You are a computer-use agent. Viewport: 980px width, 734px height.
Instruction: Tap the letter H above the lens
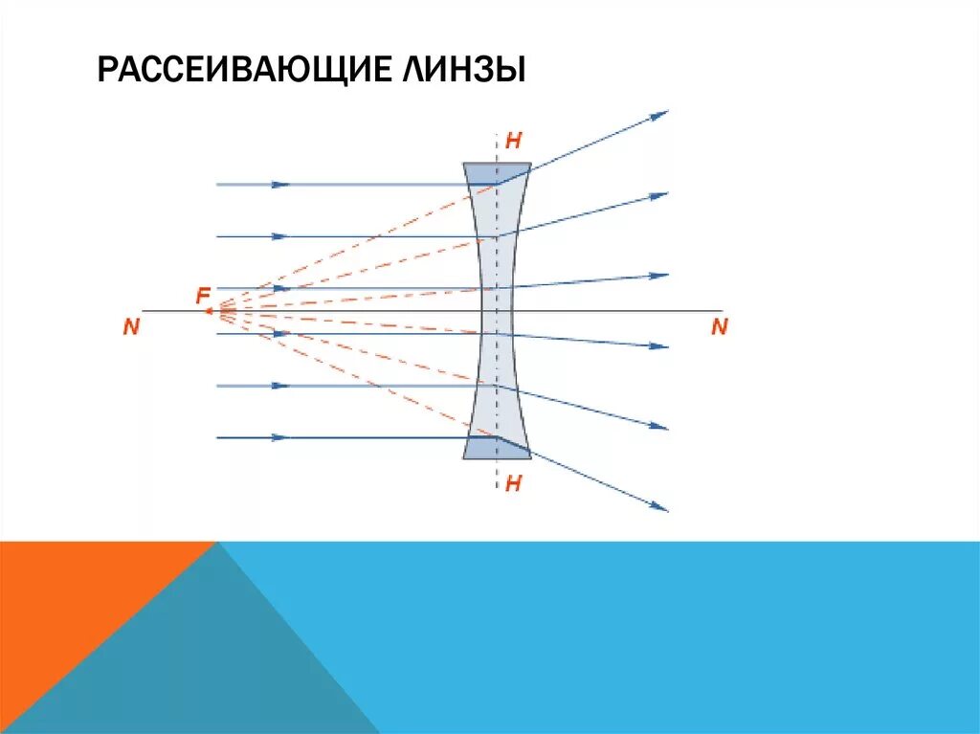point(513,141)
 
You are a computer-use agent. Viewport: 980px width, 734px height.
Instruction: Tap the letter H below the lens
point(513,484)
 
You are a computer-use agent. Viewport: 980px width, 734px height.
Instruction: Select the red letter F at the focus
point(203,296)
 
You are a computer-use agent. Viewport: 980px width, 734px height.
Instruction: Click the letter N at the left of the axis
point(131,327)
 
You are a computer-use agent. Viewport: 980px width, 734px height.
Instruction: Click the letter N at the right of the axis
point(719,327)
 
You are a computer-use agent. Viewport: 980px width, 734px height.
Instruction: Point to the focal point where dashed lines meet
point(220,310)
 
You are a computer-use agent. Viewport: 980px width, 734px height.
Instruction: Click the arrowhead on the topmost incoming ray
point(280,184)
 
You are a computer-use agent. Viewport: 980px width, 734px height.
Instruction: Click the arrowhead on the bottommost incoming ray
point(279,437)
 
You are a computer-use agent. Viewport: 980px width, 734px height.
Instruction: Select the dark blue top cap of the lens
point(497,172)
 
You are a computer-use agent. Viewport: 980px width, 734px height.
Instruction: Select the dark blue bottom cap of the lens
point(497,449)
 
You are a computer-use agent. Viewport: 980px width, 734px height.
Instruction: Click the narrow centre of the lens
point(496,310)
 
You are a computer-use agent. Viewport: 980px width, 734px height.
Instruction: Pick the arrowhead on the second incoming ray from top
point(279,235)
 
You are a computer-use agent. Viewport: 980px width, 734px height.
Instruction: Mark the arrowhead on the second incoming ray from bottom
point(279,386)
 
